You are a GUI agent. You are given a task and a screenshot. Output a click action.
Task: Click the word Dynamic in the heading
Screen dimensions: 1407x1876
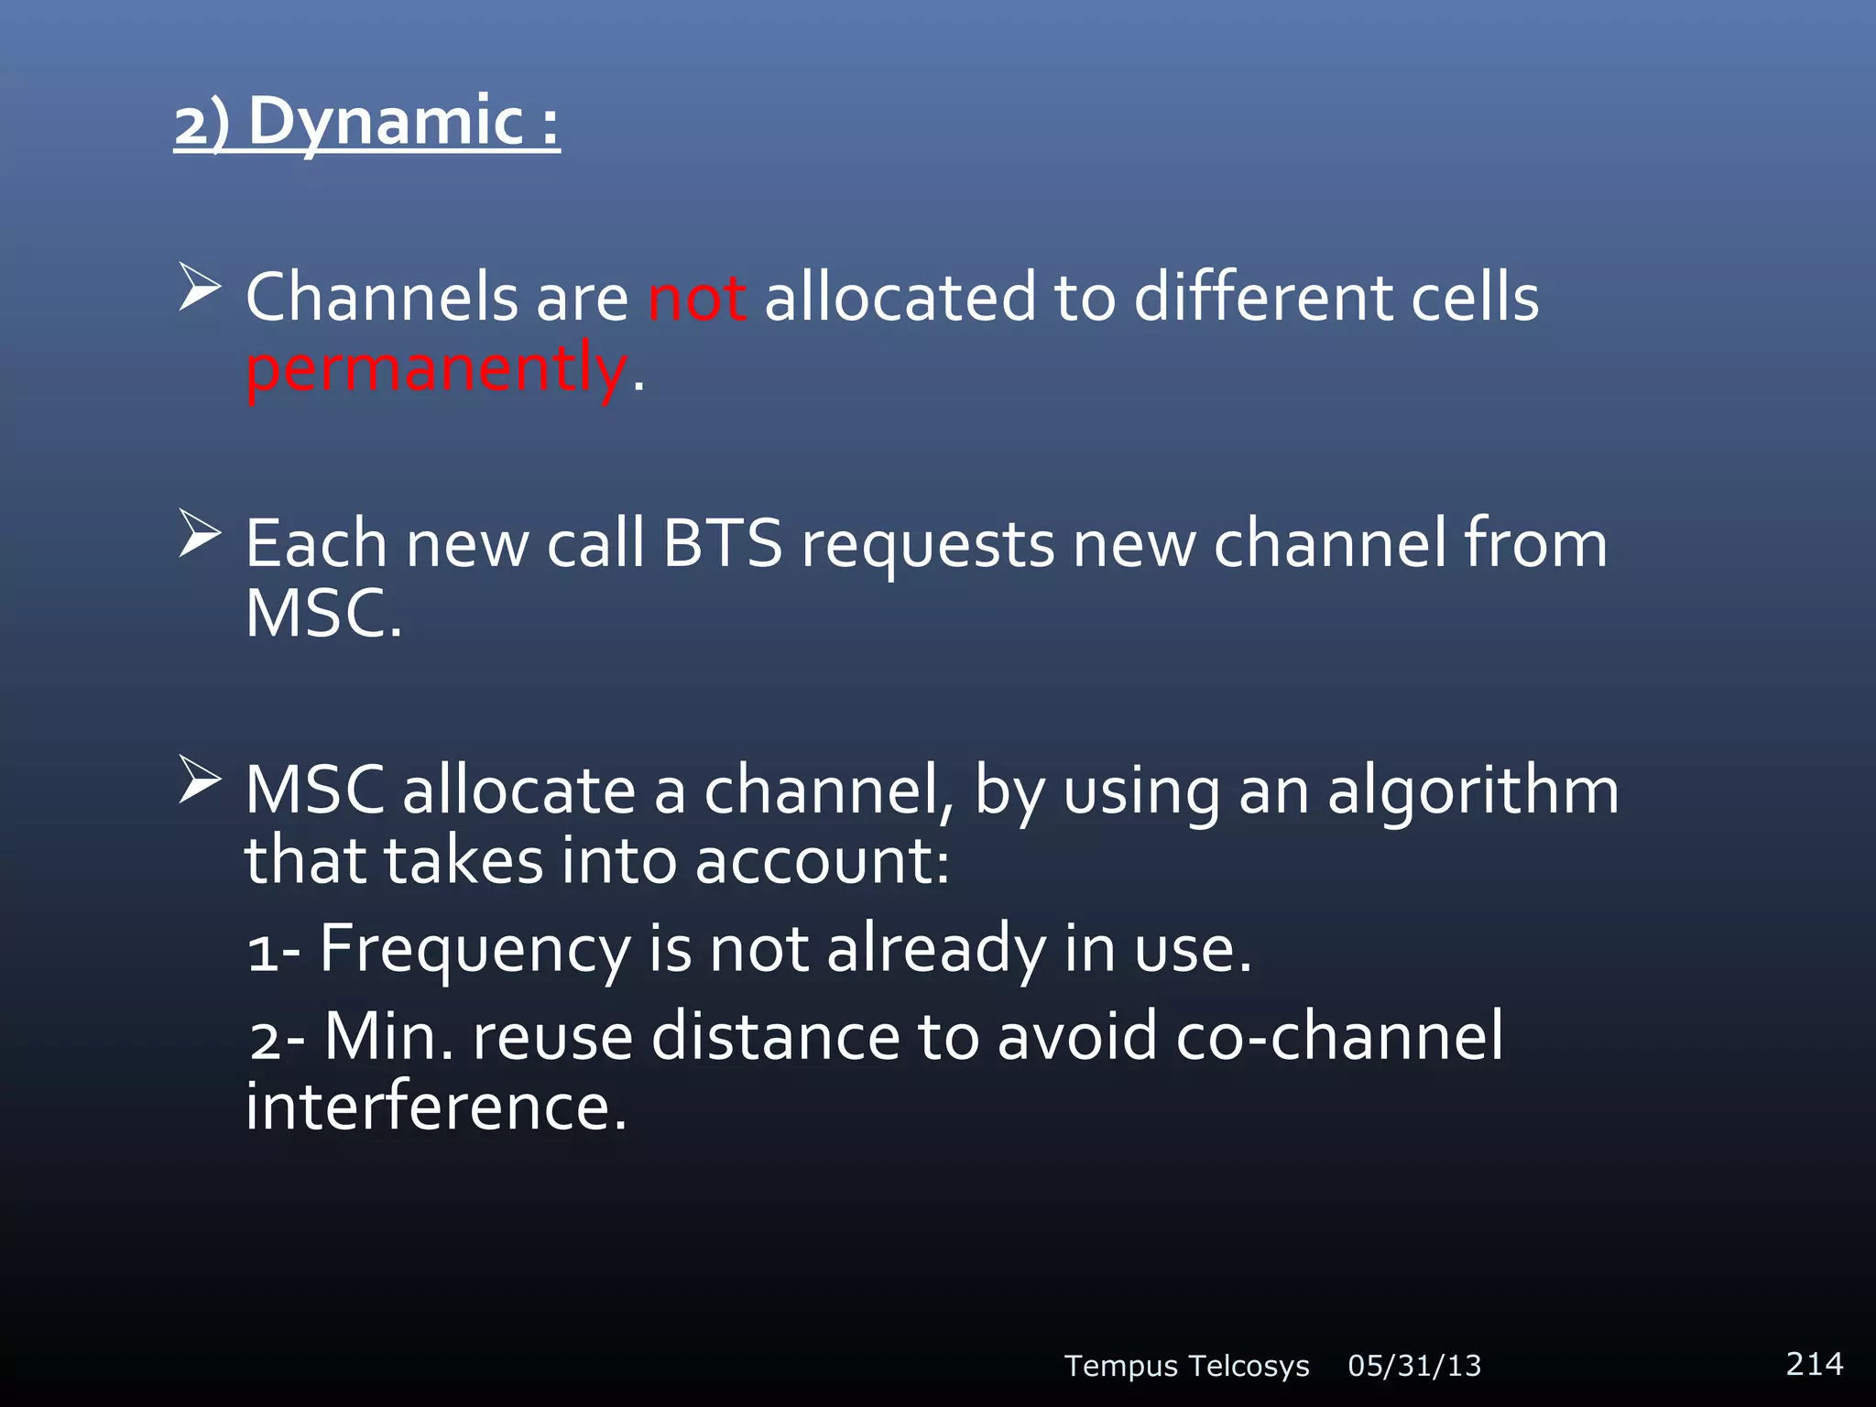point(385,122)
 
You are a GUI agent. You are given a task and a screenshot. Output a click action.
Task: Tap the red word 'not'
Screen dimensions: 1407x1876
point(697,298)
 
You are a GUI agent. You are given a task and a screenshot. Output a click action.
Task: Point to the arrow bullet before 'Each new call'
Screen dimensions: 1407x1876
point(200,533)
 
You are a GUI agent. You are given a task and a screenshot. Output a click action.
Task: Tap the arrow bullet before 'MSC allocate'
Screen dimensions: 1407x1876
point(200,780)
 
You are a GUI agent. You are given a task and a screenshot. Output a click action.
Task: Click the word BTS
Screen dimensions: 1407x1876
point(723,544)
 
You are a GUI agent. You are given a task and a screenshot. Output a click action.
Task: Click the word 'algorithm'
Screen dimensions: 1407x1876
point(1473,791)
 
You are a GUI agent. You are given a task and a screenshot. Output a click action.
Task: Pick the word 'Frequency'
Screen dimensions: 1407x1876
point(474,949)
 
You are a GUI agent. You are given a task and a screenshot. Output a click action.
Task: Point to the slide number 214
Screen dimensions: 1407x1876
point(1814,1363)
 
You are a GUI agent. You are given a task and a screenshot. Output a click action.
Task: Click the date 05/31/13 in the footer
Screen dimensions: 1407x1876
point(1414,1366)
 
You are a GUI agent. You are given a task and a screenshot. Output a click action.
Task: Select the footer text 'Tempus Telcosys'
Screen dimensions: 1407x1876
point(1186,1366)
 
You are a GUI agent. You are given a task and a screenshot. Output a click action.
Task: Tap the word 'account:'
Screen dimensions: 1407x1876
point(822,861)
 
